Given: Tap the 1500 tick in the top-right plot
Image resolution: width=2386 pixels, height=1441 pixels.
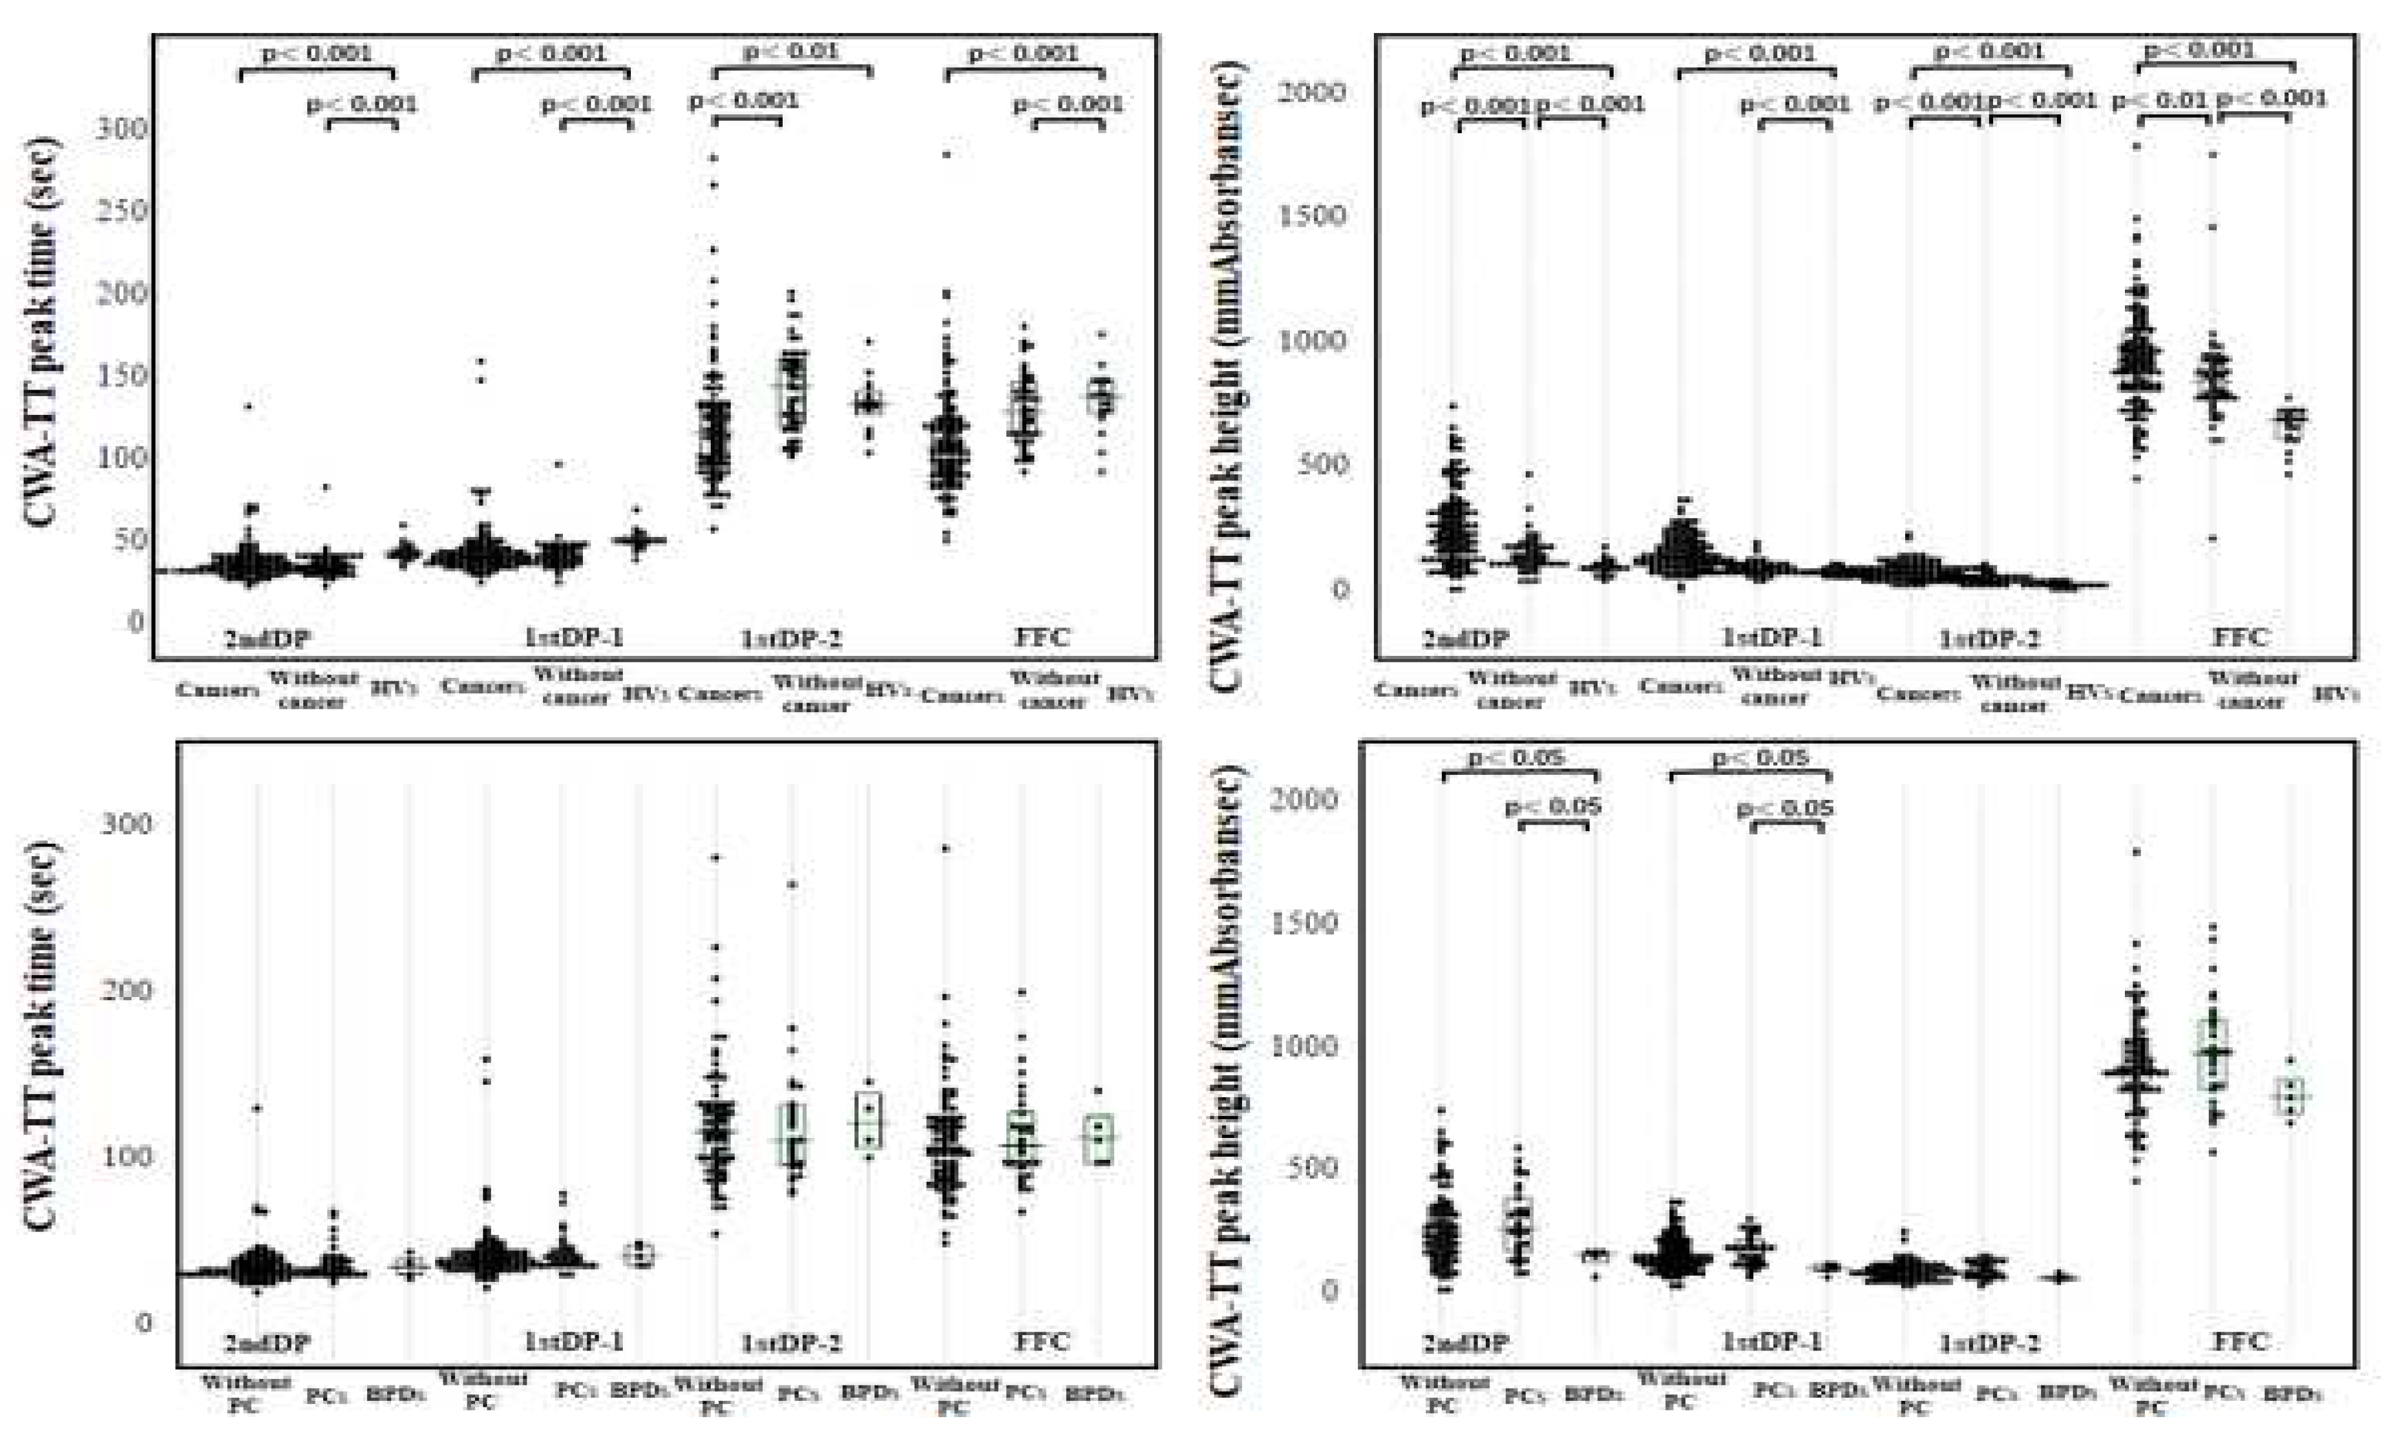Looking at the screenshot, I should (x=1312, y=215).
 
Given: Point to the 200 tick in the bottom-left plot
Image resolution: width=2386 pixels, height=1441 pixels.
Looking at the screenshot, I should (x=127, y=990).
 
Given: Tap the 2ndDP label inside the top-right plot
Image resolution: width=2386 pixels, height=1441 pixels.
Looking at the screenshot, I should (x=1465, y=639).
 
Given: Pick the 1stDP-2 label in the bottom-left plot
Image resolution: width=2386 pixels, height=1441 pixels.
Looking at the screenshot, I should (x=791, y=1344).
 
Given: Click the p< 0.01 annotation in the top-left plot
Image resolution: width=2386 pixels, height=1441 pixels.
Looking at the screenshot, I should (x=791, y=50).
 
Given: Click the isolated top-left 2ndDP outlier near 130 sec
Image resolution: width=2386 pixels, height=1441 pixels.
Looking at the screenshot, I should (x=248, y=406).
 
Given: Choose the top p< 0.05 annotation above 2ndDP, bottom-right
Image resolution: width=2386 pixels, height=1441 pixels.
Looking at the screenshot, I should (x=1515, y=757).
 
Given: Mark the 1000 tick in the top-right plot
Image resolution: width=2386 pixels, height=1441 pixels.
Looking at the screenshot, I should (x=1312, y=341).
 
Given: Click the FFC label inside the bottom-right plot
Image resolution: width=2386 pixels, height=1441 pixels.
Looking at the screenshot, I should (x=2241, y=1342).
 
